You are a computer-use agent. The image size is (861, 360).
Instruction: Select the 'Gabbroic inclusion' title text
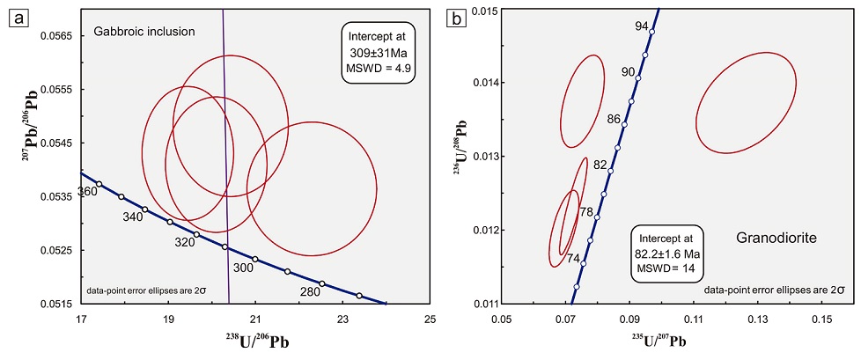[x=143, y=33]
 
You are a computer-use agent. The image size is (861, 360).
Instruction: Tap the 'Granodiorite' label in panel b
[x=771, y=238]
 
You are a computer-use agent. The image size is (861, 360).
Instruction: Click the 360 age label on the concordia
[x=87, y=192]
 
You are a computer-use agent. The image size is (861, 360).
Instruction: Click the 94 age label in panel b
[x=642, y=26]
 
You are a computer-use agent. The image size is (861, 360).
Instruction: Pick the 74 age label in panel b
[x=573, y=258]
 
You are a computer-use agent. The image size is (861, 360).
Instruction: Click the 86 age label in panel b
[x=613, y=118]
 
